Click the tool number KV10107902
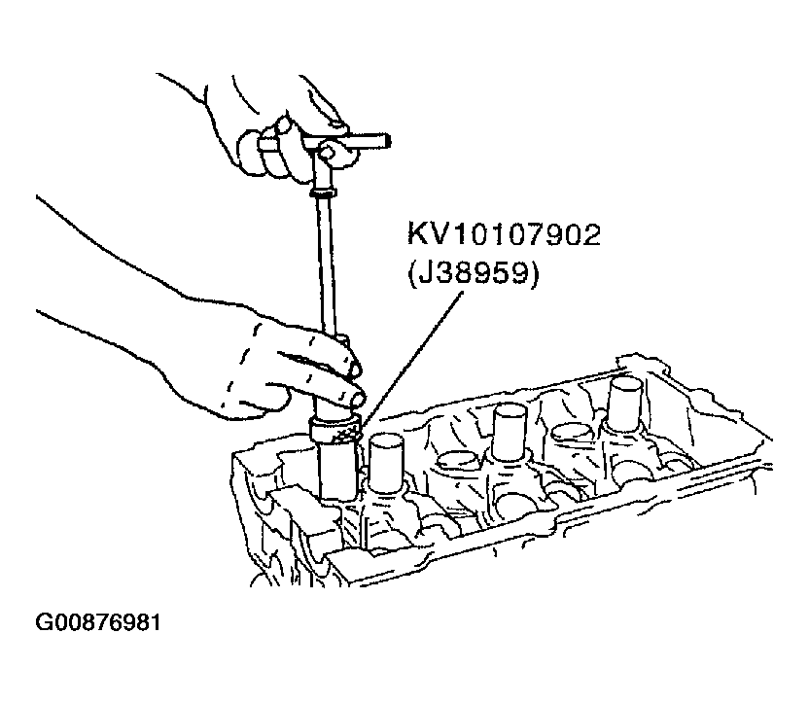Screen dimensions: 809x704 (504, 235)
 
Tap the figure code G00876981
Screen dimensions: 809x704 (98, 622)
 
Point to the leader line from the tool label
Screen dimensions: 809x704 (410, 360)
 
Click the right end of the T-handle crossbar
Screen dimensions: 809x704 (389, 140)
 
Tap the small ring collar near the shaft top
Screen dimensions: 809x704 (324, 194)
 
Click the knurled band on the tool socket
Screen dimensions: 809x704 (334, 431)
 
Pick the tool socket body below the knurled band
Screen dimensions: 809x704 (338, 470)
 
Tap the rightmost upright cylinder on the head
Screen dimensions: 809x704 (624, 403)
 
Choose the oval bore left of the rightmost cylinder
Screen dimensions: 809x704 (574, 433)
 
